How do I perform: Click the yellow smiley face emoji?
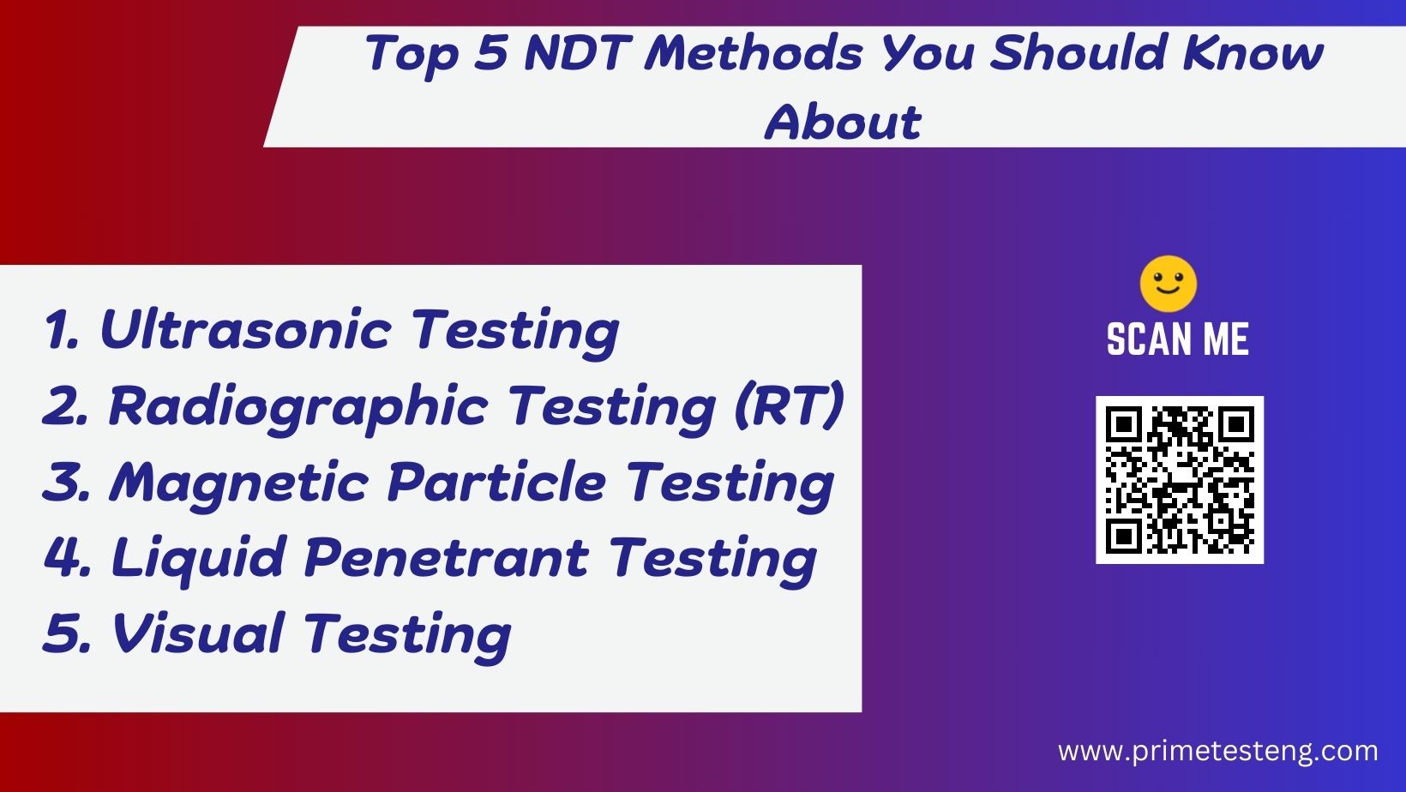pyautogui.click(x=1168, y=284)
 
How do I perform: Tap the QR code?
pyautogui.click(x=1180, y=480)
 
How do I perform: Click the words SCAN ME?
pyautogui.click(x=1178, y=339)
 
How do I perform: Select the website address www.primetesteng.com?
pyautogui.click(x=1218, y=751)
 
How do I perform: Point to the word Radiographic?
pyautogui.click(x=297, y=405)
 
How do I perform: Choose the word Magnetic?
pyautogui.click(x=239, y=482)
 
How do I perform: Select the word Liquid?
pyautogui.click(x=198, y=557)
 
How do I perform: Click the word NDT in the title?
pyautogui.click(x=577, y=53)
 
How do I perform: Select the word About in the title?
pyautogui.click(x=843, y=122)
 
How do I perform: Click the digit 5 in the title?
pyautogui.click(x=489, y=53)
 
